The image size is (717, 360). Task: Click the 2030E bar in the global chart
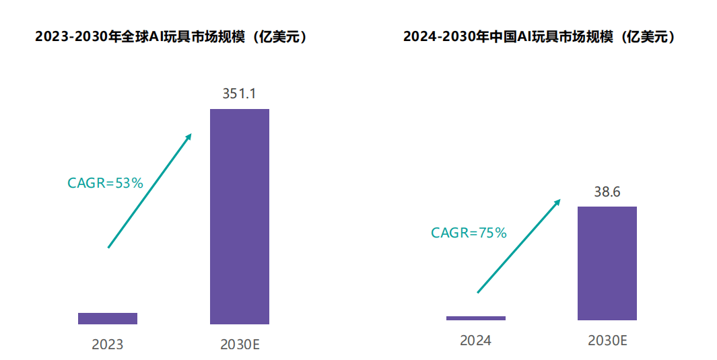click(239, 216)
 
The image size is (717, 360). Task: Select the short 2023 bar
click(108, 318)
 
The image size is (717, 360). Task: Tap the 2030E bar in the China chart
click(607, 262)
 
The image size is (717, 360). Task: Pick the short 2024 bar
click(475, 318)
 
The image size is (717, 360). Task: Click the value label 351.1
click(239, 94)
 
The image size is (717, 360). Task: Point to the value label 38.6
click(607, 192)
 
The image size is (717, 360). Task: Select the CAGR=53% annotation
click(106, 182)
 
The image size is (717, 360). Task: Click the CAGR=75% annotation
click(469, 233)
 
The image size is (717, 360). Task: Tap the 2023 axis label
click(108, 345)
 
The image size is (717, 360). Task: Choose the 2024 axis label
click(475, 340)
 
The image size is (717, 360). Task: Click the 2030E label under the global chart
click(240, 345)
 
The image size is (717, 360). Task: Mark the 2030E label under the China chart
click(607, 340)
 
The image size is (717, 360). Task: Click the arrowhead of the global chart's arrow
click(189, 136)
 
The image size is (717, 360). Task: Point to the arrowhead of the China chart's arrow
click(558, 201)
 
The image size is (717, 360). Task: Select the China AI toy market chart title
click(539, 37)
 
